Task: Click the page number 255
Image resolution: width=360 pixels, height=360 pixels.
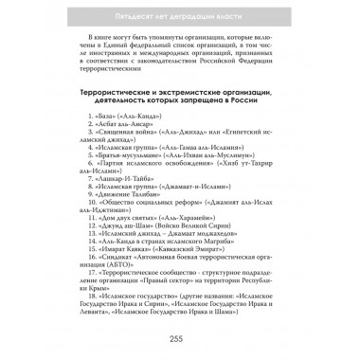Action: coord(180,339)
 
